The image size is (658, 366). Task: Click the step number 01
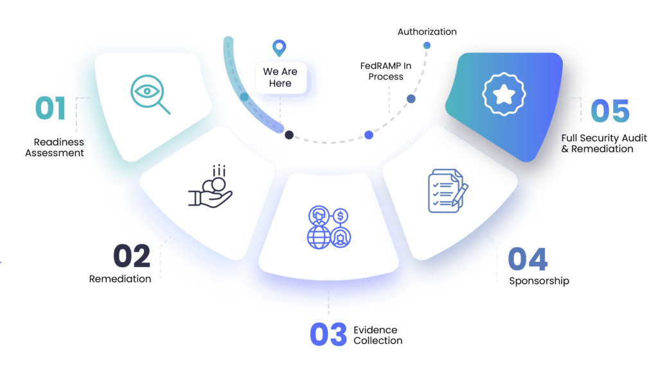pos(50,109)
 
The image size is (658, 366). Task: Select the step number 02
pos(132,256)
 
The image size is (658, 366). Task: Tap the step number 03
pos(328,334)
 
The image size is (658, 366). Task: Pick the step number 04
pos(528,259)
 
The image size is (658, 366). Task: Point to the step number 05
pos(610,110)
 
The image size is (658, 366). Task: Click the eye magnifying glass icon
pos(150,95)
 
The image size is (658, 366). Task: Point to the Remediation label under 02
pos(120,279)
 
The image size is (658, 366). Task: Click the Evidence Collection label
pos(378,335)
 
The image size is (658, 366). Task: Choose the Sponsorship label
pos(538,281)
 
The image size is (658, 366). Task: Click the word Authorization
pos(427,31)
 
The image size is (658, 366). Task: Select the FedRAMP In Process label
pos(382,71)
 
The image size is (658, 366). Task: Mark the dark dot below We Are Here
pos(290,135)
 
